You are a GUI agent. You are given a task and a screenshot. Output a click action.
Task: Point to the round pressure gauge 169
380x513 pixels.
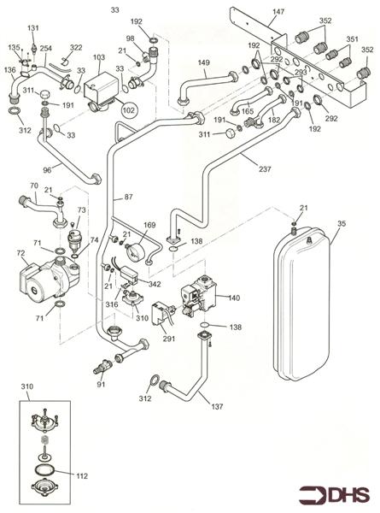(x=133, y=256)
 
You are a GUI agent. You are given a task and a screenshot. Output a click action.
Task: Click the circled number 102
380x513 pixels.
(x=128, y=110)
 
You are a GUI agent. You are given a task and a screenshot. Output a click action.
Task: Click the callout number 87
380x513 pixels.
(x=129, y=198)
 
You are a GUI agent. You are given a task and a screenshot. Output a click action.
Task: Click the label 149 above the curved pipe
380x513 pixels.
(x=203, y=62)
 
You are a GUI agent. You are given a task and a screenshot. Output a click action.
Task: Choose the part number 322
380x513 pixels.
(x=76, y=48)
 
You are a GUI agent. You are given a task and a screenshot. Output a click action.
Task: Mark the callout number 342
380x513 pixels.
(x=155, y=283)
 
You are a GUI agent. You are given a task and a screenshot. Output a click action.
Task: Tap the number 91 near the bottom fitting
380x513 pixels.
(x=101, y=384)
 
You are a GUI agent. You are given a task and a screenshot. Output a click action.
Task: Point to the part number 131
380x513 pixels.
(x=33, y=28)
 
